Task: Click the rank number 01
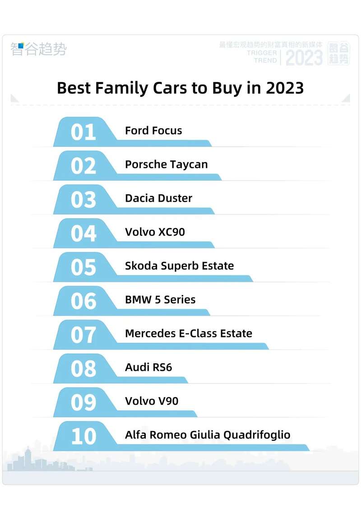[83, 132]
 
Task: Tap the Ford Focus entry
[153, 131]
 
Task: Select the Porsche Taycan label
[166, 165]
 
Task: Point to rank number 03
[83, 199]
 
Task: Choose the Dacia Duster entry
[158, 198]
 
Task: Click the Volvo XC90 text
[155, 232]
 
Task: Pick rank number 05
[83, 267]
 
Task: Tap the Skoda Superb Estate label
[179, 266]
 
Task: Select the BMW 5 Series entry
[160, 300]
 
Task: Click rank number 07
[83, 335]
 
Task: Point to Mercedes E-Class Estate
[188, 334]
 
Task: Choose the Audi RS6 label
[148, 368]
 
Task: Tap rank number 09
[83, 402]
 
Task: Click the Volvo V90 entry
[152, 401]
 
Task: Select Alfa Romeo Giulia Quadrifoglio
[208, 435]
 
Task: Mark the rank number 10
[83, 436]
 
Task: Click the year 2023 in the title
[284, 88]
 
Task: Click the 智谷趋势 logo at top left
[38, 49]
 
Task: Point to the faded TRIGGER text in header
[262, 53]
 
